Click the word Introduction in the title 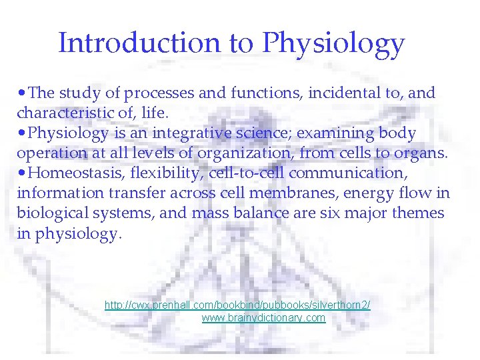coord(139,43)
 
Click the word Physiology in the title coord(333,45)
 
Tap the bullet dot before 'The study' coord(22,93)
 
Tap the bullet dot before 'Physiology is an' coord(22,133)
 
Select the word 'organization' coord(237,153)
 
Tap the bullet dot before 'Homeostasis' coord(22,173)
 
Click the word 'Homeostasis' coord(79,173)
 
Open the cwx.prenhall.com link coord(237,305)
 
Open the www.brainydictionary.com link coord(263,318)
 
